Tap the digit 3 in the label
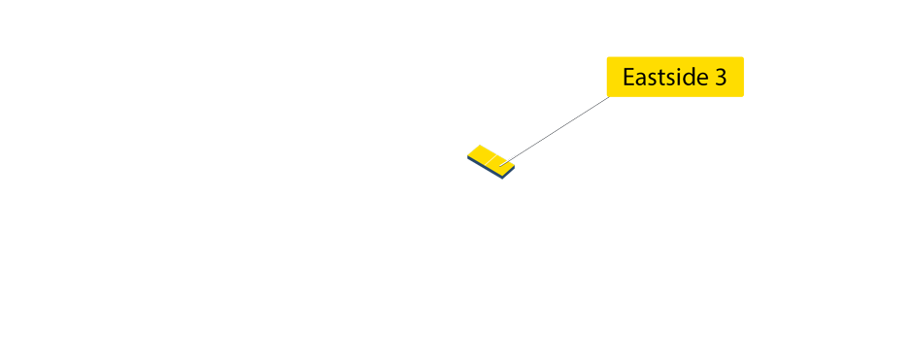point(721,78)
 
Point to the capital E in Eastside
point(628,78)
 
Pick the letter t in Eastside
point(665,78)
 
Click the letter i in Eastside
point(676,78)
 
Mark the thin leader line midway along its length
point(558,129)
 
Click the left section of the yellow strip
point(483,153)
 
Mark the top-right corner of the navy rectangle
point(515,146)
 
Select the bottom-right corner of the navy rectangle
point(515,179)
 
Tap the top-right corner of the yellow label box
point(743,57)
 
